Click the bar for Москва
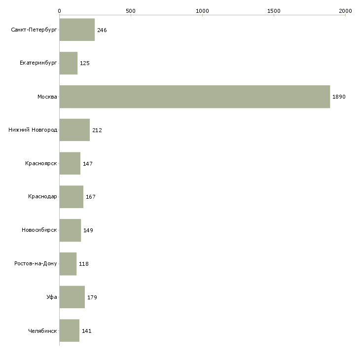(x=195, y=97)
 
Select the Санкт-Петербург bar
(x=77, y=30)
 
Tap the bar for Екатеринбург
(x=69, y=63)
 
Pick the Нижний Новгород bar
(x=74, y=130)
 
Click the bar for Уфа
(x=72, y=297)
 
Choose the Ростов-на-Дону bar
(x=68, y=264)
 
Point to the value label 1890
(x=339, y=97)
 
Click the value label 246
(x=102, y=30)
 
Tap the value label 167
(x=91, y=197)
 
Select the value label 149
(x=88, y=230)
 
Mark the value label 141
(x=87, y=331)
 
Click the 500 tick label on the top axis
(x=131, y=11)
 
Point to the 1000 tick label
(x=202, y=11)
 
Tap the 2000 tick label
(x=345, y=11)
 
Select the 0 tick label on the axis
(x=60, y=11)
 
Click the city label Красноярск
(x=41, y=163)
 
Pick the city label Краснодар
(x=42, y=197)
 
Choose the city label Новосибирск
(x=39, y=230)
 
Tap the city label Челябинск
(x=42, y=331)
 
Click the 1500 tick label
(x=274, y=11)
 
